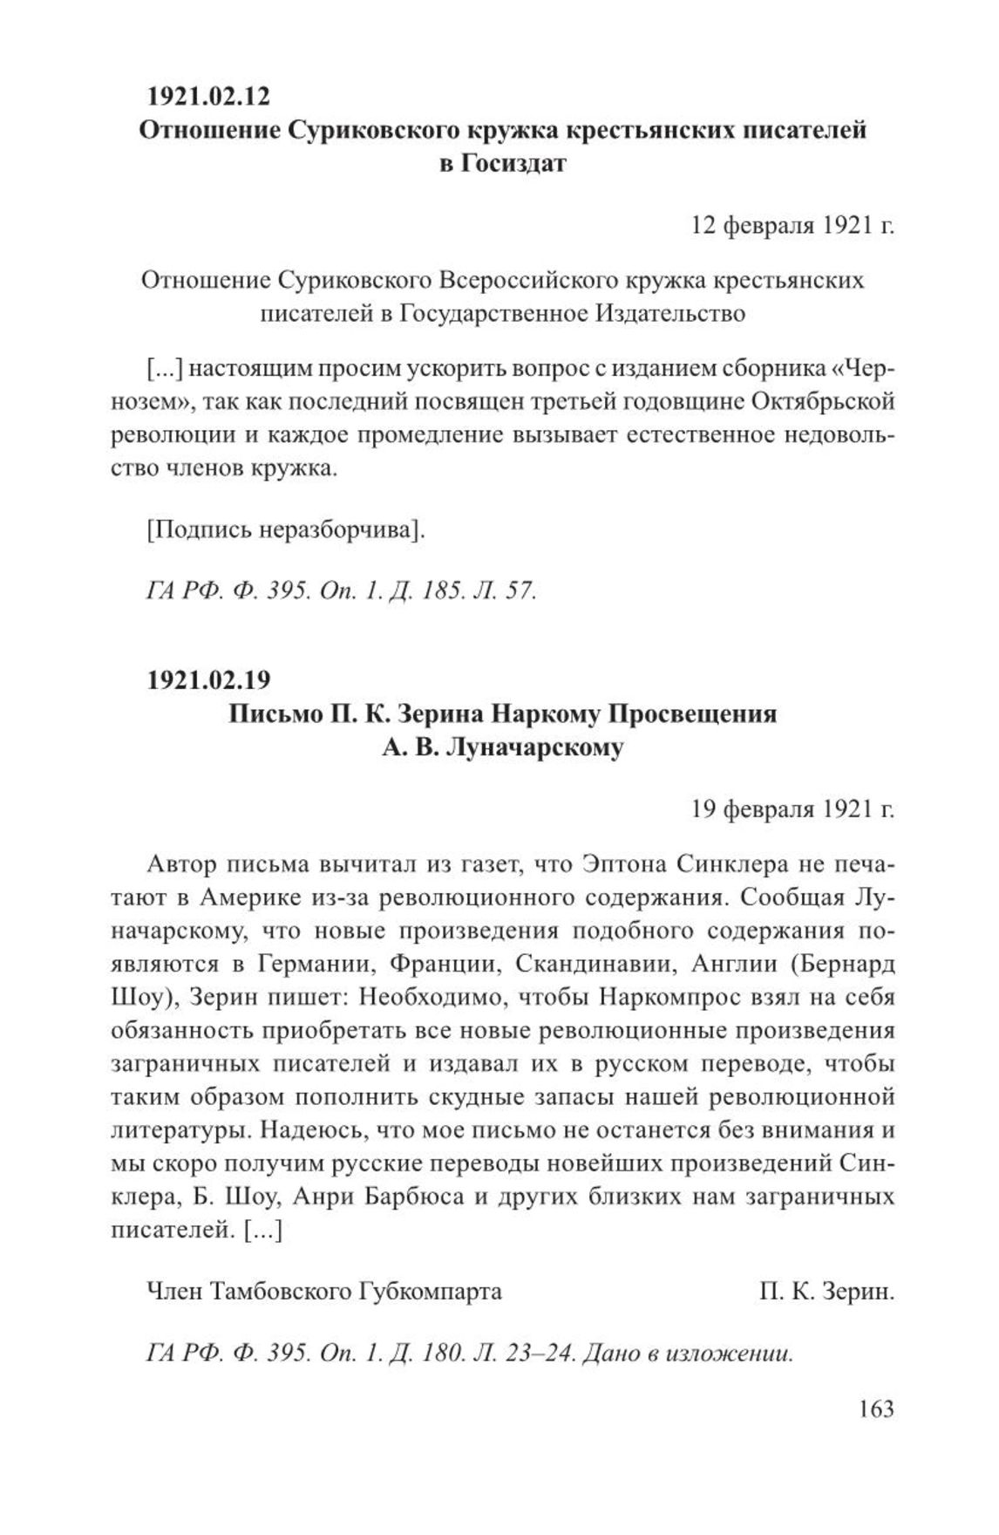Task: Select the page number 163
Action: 875,1409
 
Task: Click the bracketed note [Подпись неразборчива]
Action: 285,529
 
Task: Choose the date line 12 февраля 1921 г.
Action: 792,226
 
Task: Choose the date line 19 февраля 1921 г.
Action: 792,810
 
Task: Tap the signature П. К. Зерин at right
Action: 826,1291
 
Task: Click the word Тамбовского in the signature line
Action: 278,1291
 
